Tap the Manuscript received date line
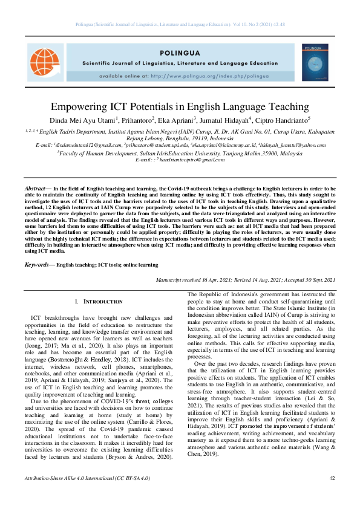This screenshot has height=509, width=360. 245,280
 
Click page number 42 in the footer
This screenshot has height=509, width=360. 332,494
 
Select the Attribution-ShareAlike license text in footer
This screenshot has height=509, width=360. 87,494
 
